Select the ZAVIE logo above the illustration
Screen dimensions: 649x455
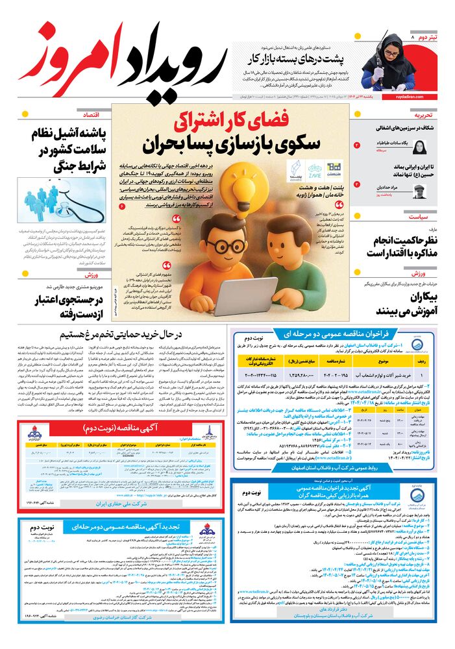click(314, 170)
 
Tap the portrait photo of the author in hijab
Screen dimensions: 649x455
click(419, 145)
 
